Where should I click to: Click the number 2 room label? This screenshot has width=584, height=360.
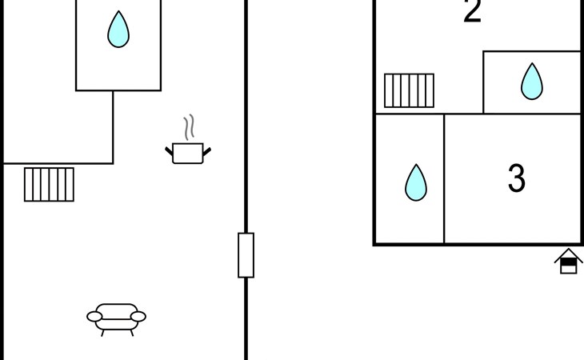point(473,12)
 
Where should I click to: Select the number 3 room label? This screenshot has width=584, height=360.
point(517,178)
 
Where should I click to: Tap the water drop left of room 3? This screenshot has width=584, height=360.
point(415,182)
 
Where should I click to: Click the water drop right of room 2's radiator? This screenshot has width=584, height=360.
point(532,82)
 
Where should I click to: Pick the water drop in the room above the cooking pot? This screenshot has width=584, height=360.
point(118,30)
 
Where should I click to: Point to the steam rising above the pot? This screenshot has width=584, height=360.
point(189,127)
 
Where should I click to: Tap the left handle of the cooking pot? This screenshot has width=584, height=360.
point(170,149)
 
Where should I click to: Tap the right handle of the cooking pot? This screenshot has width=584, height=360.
point(207,149)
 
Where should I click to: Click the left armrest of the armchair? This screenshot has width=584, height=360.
point(94,318)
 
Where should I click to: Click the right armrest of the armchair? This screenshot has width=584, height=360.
point(139,318)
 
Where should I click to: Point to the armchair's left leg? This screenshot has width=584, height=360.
point(102,331)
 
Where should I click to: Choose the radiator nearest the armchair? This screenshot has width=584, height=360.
point(49,184)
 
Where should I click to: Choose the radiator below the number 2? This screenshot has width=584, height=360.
point(409,90)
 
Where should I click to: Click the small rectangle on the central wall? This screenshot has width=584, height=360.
point(246,255)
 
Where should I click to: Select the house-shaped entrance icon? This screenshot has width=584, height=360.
point(568,262)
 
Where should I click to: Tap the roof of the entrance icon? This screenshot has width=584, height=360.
point(568,253)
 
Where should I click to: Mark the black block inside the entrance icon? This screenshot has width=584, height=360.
point(568,260)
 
